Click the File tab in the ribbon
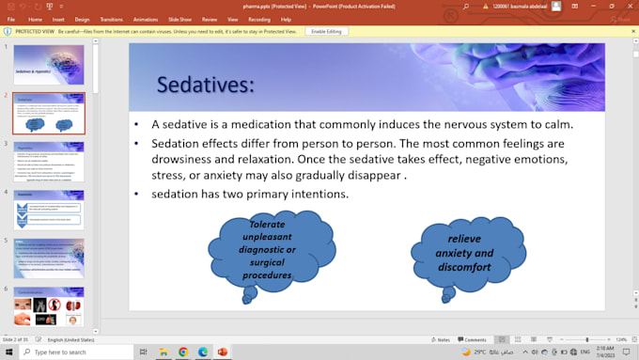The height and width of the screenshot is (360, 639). coord(11,19)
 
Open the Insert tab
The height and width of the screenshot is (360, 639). coord(58,19)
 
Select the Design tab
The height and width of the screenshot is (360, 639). coord(83,19)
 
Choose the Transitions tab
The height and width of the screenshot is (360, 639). coord(111,19)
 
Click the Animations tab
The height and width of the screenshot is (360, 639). coord(146,19)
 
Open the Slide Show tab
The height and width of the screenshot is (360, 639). coord(179,19)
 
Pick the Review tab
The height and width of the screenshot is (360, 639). coord(209,19)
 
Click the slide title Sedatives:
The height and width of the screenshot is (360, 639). coord(205,86)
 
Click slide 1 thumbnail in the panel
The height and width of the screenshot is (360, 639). coord(48,65)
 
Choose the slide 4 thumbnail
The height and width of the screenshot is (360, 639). coord(48,210)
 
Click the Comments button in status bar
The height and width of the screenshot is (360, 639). coord(473,339)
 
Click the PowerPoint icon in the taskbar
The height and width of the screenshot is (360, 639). coord(223,352)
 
